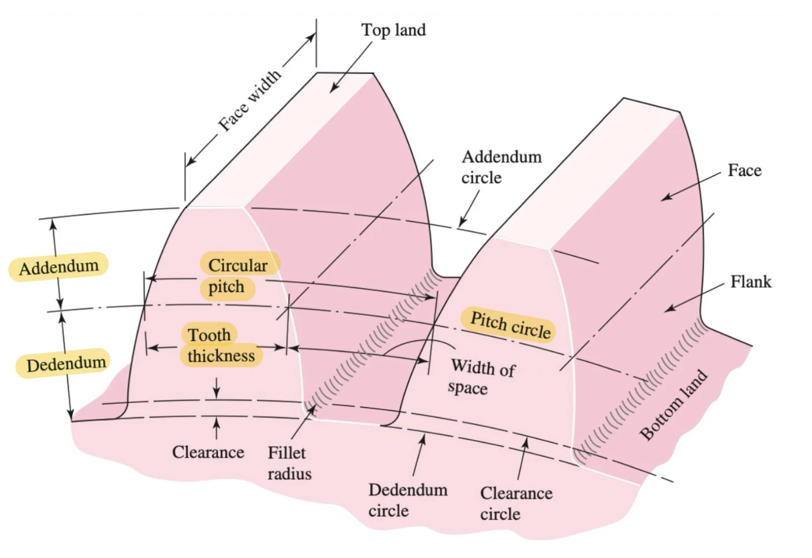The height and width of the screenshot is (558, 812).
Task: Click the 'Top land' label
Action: pyautogui.click(x=394, y=30)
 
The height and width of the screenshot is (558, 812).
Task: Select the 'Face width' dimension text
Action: pyautogui.click(x=249, y=101)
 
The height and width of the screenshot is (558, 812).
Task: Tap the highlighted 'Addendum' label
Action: pyautogui.click(x=59, y=267)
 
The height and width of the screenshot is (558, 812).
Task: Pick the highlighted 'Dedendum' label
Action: pyautogui.click(x=65, y=364)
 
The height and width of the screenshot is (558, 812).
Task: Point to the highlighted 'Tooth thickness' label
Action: pyautogui.click(x=220, y=345)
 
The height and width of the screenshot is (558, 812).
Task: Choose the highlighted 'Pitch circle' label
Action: pyautogui.click(x=510, y=325)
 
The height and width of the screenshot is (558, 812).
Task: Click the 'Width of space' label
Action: pyautogui.click(x=481, y=377)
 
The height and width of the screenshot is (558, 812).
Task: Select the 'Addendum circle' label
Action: pyautogui.click(x=501, y=167)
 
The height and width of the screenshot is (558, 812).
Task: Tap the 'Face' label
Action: pyautogui.click(x=744, y=170)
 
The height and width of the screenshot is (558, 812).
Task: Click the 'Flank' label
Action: pyautogui.click(x=750, y=281)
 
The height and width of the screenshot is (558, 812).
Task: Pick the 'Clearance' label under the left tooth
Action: pyautogui.click(x=208, y=452)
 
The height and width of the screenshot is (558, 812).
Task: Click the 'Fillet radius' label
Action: pyautogui.click(x=289, y=463)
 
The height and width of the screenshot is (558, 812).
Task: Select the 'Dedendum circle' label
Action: pyautogui.click(x=407, y=500)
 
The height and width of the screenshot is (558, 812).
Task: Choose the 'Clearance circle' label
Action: pyautogui.click(x=516, y=503)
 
